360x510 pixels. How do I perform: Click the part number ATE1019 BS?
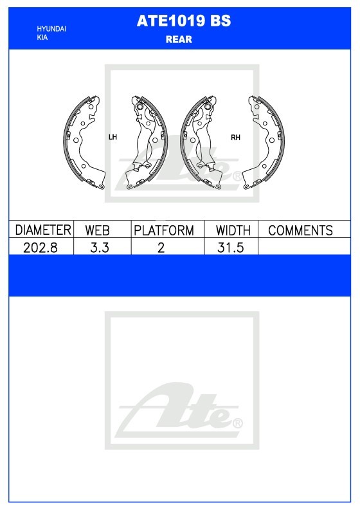[184, 21]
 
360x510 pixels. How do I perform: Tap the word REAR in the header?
[179, 39]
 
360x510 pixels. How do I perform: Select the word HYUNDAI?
[51, 29]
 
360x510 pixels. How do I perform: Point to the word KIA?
[42, 37]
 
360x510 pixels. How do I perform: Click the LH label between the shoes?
[113, 137]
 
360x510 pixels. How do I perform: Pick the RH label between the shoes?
[235, 138]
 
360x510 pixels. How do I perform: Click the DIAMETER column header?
[43, 230]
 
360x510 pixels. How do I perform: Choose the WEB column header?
[97, 230]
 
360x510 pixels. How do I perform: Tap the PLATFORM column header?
[164, 230]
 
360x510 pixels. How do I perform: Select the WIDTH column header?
[233, 230]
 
